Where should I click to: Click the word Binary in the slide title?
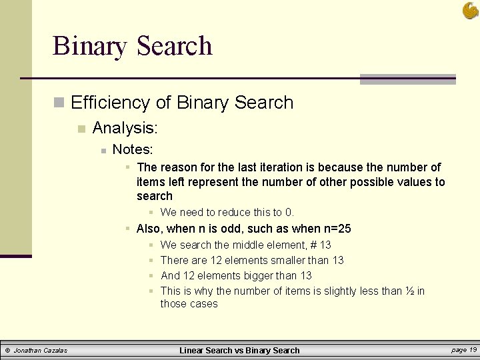click(x=89, y=46)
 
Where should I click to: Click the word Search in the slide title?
click(x=174, y=46)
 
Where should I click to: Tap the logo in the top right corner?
click(x=470, y=10)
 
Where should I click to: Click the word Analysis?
click(x=125, y=127)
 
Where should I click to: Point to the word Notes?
click(x=133, y=149)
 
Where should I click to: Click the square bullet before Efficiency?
click(x=60, y=103)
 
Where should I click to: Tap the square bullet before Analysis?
click(x=81, y=127)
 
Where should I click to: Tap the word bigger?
click(x=257, y=276)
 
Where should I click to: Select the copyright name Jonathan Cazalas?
click(x=40, y=351)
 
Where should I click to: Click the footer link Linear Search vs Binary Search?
click(x=240, y=351)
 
